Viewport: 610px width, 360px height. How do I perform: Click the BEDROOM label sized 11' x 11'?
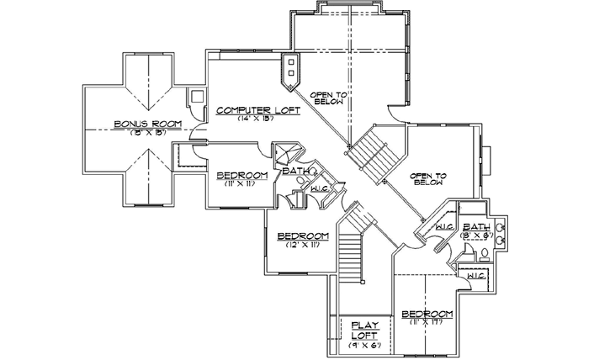pyautogui.click(x=242, y=175)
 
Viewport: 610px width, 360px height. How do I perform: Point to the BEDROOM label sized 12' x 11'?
pyautogui.click(x=302, y=236)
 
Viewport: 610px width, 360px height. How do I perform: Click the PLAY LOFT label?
pyautogui.click(x=366, y=328)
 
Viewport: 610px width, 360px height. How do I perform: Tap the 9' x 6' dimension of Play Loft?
pyautogui.click(x=366, y=345)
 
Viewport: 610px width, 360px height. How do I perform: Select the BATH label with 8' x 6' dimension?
pyautogui.click(x=476, y=227)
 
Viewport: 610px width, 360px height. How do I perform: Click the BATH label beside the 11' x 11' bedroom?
pyautogui.click(x=295, y=171)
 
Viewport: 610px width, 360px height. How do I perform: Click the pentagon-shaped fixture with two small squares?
pyautogui.click(x=290, y=71)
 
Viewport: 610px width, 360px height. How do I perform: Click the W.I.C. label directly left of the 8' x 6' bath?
pyautogui.click(x=445, y=228)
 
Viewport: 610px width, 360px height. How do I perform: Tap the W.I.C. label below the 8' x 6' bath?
pyautogui.click(x=475, y=275)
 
